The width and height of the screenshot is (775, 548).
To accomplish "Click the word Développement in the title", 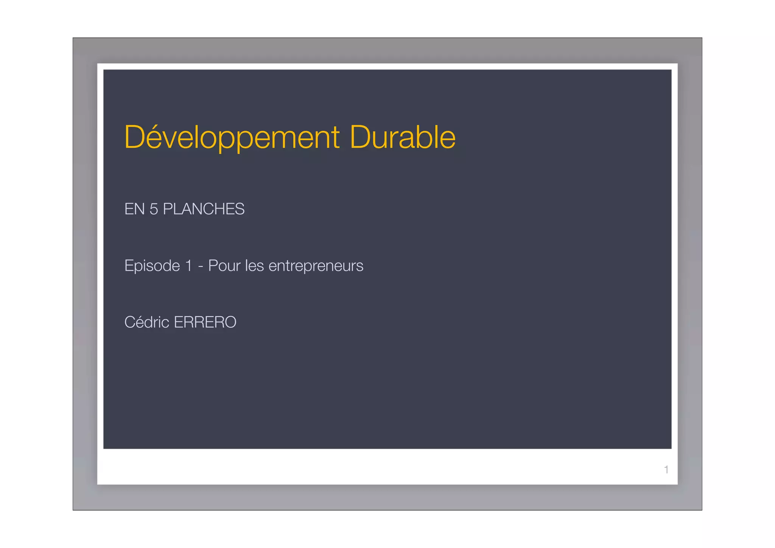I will coord(232,137).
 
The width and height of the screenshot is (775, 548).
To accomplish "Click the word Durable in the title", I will coord(403,137).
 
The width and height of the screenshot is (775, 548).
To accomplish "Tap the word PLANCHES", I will coord(204,209).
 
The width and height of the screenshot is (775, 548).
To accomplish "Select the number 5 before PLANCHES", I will coord(154,209).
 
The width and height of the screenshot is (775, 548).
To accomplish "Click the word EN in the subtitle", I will coord(134,209).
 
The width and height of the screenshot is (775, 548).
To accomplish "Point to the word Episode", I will coord(152,266).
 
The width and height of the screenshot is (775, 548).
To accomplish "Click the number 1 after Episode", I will coord(188,266).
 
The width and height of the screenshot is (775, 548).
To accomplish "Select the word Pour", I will coord(224,266).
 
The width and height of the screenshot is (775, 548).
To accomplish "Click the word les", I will coord(254,266).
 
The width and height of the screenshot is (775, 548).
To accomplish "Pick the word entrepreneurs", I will coord(316,267).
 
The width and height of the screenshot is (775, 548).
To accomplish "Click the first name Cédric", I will coord(147,322).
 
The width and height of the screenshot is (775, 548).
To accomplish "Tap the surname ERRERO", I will coord(205,322).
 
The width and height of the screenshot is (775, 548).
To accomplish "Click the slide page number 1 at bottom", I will coord(666,470).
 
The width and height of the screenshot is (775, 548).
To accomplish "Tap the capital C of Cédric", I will coord(130,322).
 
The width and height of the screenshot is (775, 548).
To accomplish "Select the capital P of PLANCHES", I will coord(168,209).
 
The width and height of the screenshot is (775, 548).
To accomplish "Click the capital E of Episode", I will coord(129,266).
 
